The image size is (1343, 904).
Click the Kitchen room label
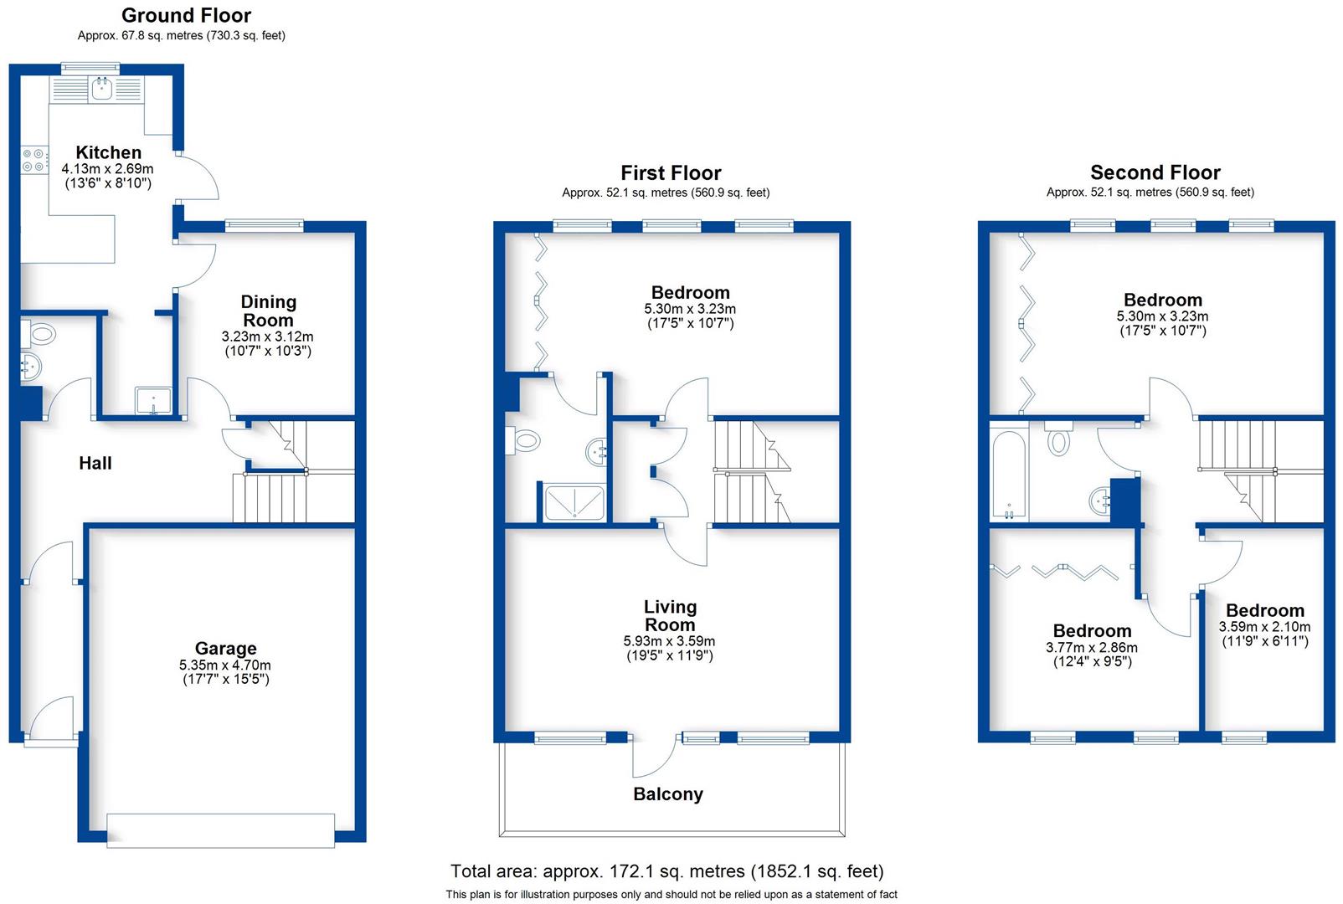(108, 152)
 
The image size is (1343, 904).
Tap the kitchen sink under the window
(103, 89)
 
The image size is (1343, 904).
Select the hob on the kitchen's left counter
(34, 161)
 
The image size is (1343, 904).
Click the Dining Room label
(268, 311)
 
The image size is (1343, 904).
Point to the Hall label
(95, 463)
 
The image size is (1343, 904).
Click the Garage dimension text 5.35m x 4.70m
(224, 665)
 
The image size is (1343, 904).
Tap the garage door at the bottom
(220, 830)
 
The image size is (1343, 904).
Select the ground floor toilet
(39, 335)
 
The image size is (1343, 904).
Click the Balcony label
(667, 794)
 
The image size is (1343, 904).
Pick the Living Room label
(670, 615)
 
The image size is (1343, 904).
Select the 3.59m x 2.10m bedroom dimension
(1264, 626)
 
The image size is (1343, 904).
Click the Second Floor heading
(1155, 172)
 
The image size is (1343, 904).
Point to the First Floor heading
(670, 173)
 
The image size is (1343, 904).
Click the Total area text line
(666, 871)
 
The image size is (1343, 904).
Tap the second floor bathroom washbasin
(1100, 501)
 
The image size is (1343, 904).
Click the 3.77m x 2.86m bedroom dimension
(1091, 647)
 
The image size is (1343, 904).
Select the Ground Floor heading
(186, 15)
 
